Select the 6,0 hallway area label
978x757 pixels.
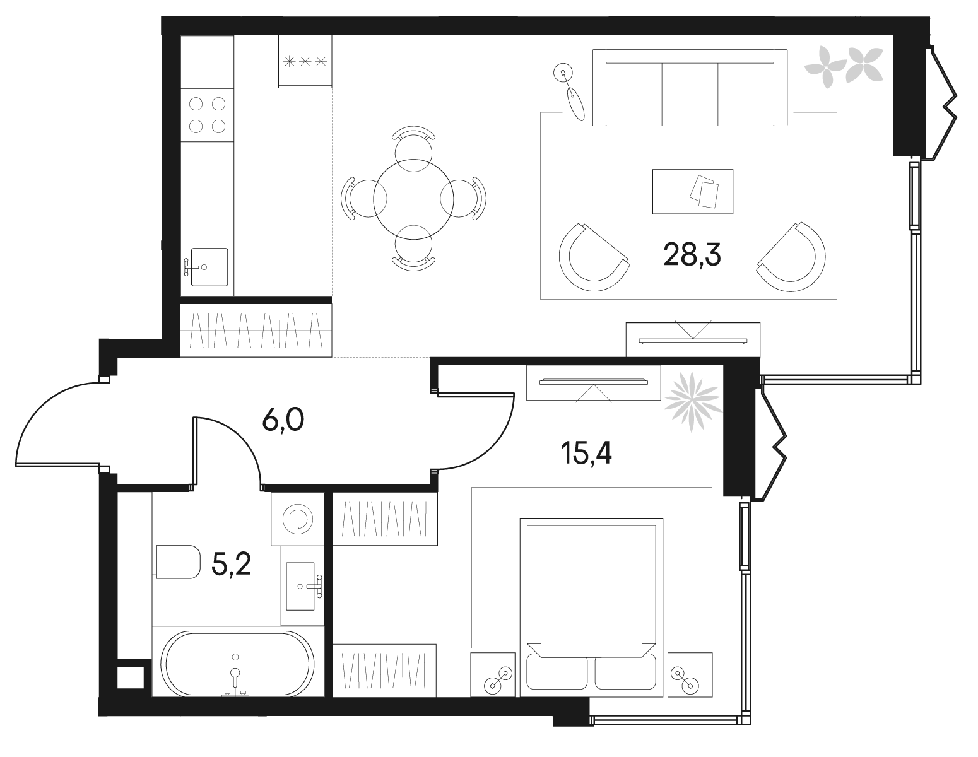283,420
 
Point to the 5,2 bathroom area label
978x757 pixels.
232,564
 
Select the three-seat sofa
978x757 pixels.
690,88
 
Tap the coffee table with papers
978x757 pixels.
693,191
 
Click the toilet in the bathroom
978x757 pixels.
176,561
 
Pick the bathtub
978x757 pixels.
238,663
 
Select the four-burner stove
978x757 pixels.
207,114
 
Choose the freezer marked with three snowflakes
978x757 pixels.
305,61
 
